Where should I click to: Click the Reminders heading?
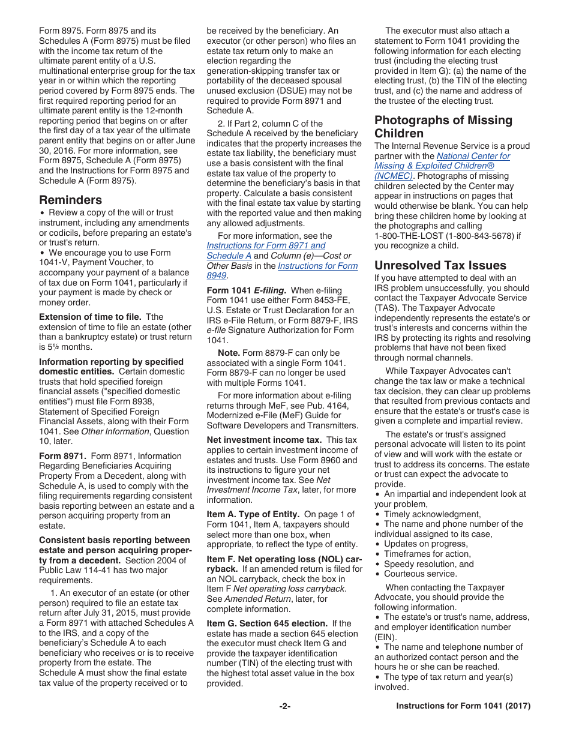click(x=70, y=200)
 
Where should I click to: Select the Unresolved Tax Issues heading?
click(x=440, y=265)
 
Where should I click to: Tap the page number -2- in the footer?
click(x=284, y=706)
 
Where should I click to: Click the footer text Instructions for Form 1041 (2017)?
click(x=463, y=706)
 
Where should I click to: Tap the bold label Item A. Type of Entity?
click(x=253, y=514)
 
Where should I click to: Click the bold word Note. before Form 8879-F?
click(x=229, y=353)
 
